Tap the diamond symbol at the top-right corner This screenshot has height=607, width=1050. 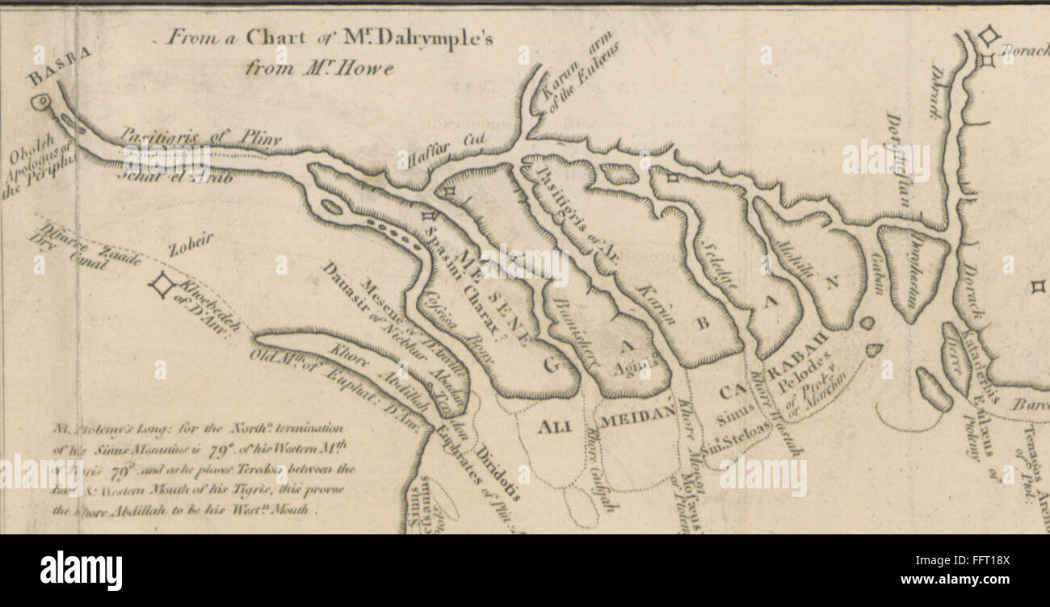tap(988, 36)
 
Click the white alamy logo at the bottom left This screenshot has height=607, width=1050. tap(81, 571)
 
